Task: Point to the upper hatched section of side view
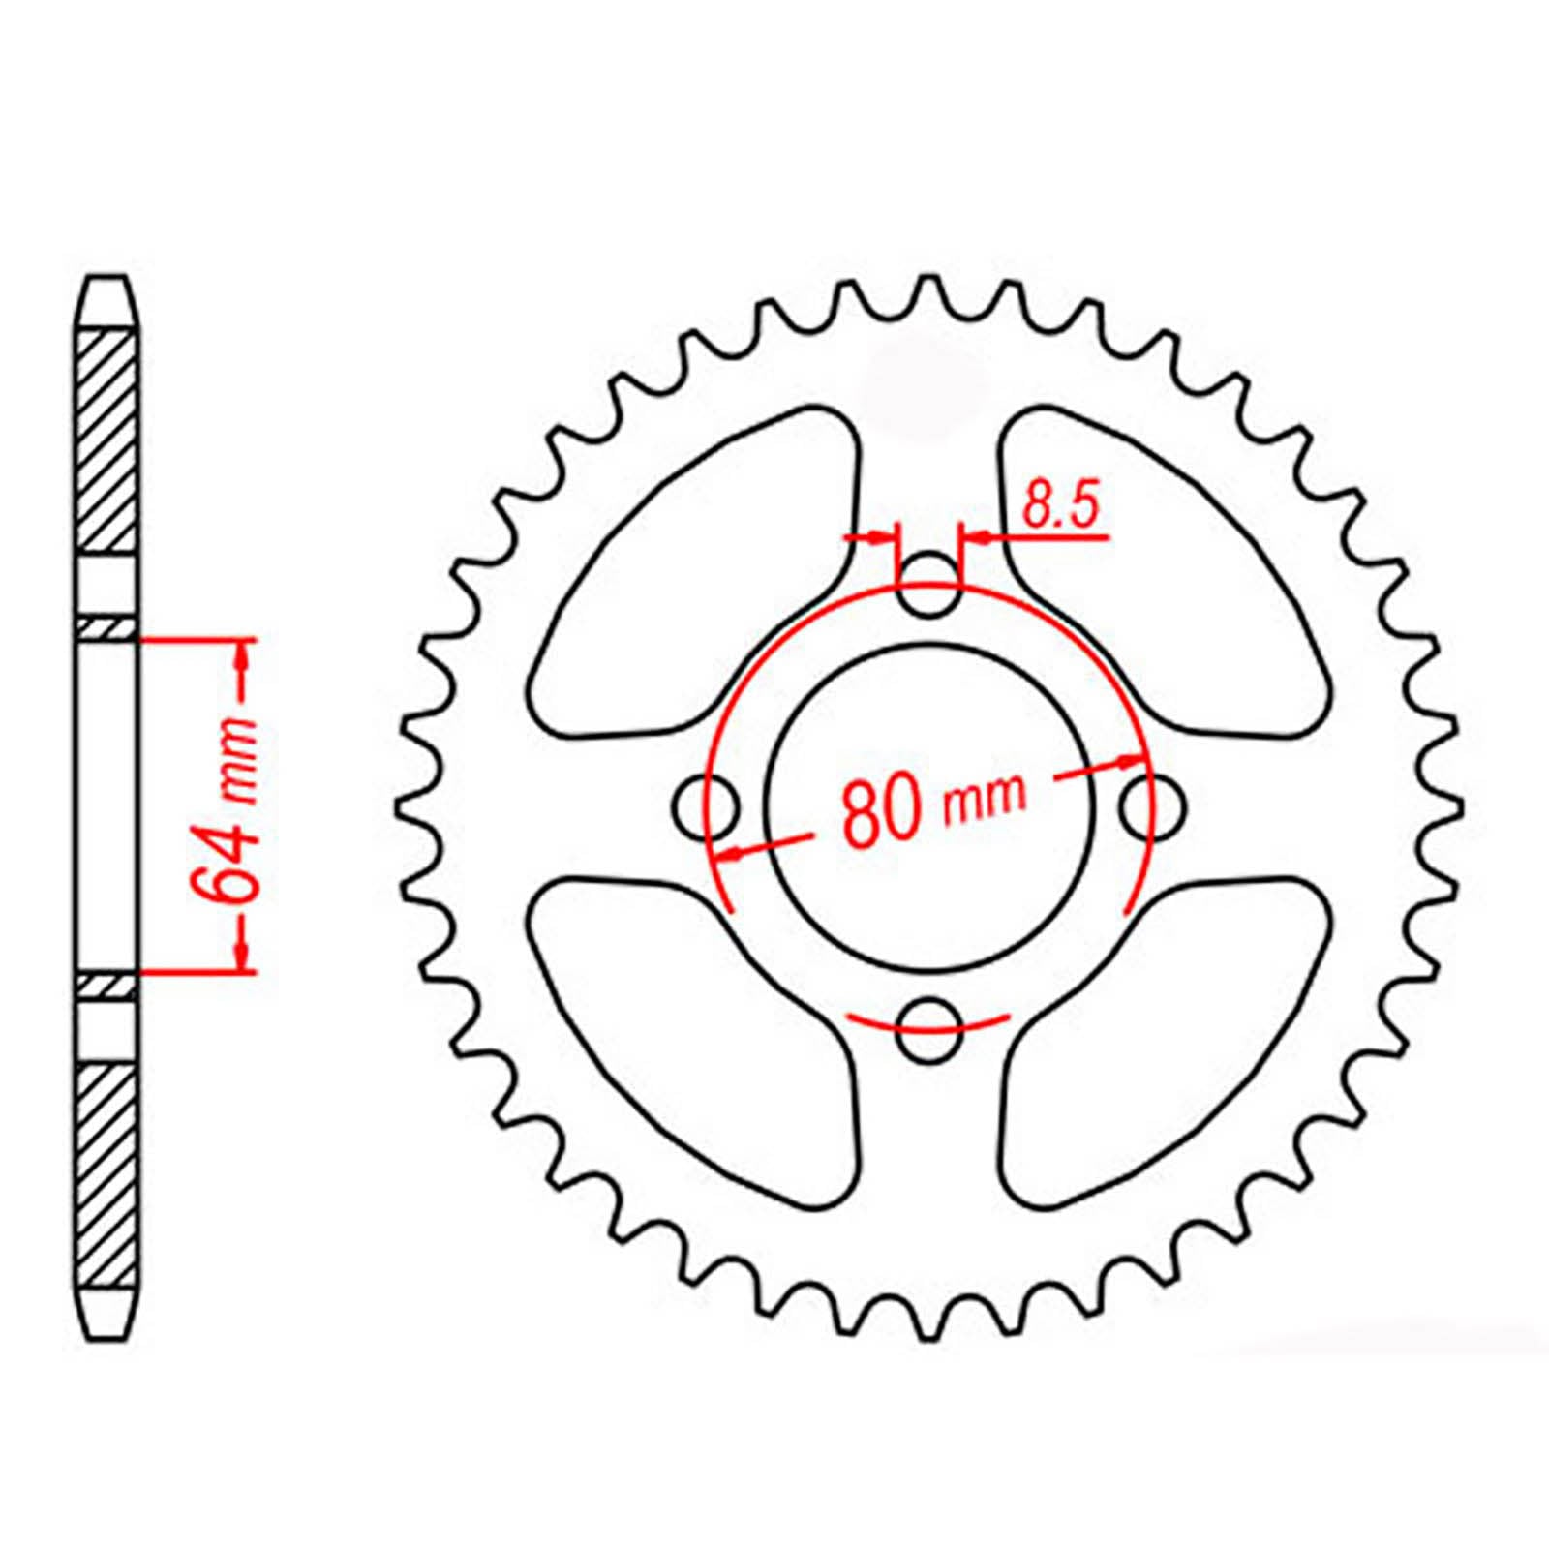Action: point(106,440)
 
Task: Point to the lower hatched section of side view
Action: point(106,1176)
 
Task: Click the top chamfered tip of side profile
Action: point(106,300)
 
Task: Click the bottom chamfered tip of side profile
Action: point(106,1317)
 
